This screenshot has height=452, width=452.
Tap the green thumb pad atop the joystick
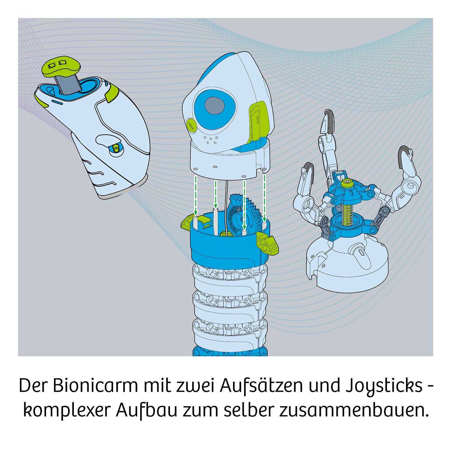tap(61, 67)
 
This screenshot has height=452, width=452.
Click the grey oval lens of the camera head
tap(215, 106)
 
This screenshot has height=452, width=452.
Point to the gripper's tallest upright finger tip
tap(327, 121)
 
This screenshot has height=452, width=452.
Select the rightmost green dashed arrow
tap(264, 197)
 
